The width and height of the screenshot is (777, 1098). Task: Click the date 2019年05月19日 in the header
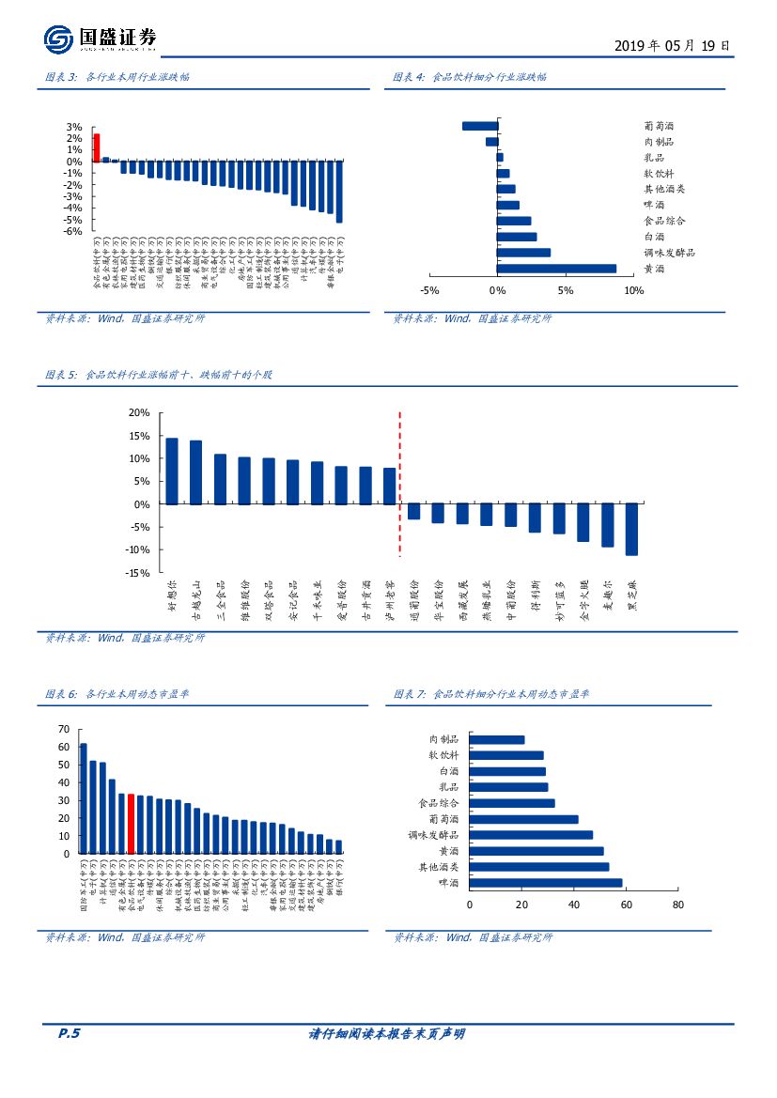pos(671,45)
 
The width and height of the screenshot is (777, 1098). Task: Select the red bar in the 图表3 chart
pos(97,147)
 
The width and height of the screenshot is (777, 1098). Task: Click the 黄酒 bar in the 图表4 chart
pos(557,269)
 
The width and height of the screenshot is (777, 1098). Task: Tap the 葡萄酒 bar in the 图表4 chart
pos(480,126)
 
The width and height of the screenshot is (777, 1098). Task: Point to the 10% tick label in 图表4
pos(634,291)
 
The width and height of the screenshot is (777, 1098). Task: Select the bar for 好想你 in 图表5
pos(172,472)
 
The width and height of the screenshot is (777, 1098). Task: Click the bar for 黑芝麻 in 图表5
pos(631,529)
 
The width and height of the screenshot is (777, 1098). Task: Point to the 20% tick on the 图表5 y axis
pos(139,413)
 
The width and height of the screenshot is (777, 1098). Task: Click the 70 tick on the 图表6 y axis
pos(63,729)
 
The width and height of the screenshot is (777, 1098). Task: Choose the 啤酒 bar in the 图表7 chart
pos(545,883)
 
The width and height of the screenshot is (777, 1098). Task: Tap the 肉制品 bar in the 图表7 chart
pos(496,740)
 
